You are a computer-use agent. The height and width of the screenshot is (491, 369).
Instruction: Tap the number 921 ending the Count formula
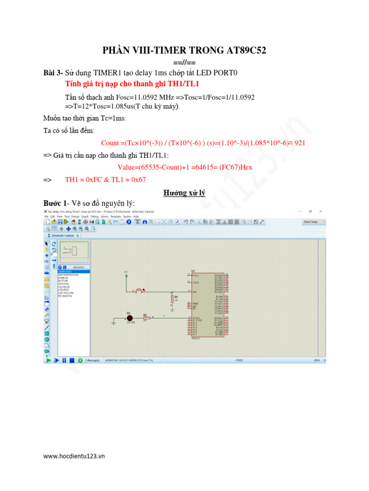[299, 143]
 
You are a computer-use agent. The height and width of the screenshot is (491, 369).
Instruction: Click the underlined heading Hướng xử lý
[184, 193]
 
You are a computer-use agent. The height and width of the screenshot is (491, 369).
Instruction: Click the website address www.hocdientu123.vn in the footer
[74, 456]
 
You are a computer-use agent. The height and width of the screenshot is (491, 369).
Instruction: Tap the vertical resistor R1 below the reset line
[172, 300]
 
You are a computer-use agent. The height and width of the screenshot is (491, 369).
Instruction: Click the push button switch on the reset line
[140, 291]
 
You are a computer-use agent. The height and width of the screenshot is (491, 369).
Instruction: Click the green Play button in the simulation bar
[48, 360]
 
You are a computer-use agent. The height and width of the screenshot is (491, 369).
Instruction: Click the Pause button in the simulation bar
[64, 360]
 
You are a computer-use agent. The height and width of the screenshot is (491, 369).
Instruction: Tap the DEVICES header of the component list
[78, 267]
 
